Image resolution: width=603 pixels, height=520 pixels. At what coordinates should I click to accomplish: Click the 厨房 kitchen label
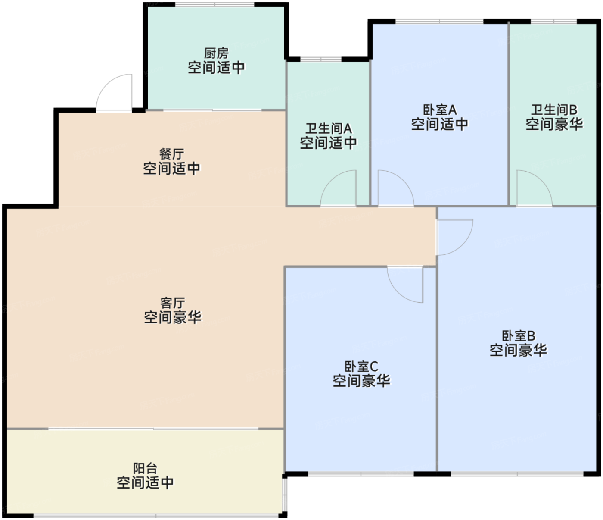point(216,53)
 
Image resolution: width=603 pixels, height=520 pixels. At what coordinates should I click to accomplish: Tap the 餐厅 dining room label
point(171,154)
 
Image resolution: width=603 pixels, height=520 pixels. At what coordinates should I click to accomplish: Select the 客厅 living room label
point(172,303)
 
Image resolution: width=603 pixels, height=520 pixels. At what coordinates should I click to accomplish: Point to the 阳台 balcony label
point(145,468)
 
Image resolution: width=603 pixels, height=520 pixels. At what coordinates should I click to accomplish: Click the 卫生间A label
point(329,128)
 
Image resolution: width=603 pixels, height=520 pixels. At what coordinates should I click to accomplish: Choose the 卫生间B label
point(554,110)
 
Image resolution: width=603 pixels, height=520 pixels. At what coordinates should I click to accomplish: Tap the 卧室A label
point(440,110)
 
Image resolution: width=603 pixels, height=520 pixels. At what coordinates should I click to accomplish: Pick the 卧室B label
point(519,336)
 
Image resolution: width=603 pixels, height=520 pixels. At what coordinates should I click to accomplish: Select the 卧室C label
point(361,366)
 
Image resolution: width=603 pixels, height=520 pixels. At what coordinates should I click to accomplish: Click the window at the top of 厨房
point(215,4)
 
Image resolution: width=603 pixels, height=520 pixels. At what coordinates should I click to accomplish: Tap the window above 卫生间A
point(320,59)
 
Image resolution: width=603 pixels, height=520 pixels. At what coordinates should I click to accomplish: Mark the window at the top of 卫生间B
point(554,21)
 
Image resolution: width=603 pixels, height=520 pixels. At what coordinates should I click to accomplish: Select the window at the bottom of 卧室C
point(361,473)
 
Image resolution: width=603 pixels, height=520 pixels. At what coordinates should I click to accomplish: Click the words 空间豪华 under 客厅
point(172,317)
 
